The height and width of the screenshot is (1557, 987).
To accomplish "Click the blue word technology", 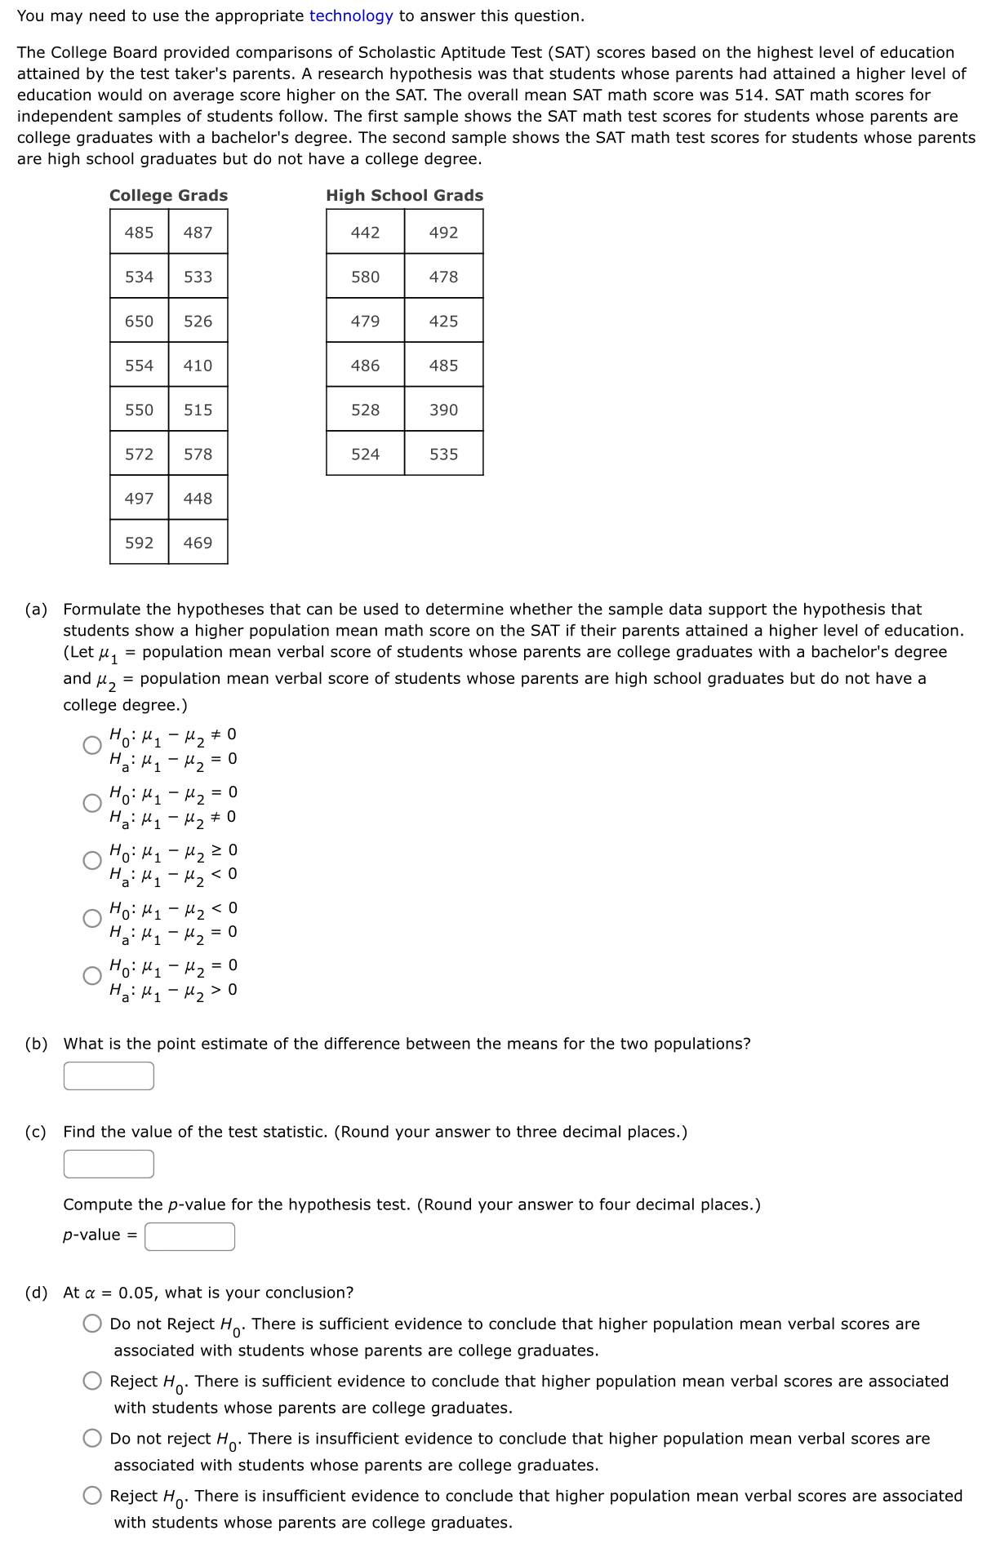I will click(x=351, y=16).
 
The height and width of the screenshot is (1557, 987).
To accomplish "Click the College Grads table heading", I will click(x=168, y=195).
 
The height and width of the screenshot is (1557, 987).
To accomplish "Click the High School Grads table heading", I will click(x=404, y=195).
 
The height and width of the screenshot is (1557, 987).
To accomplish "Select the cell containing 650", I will click(x=139, y=321).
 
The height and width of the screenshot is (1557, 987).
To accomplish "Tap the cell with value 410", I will click(x=198, y=366).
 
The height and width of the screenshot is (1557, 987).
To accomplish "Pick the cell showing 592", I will click(x=139, y=543).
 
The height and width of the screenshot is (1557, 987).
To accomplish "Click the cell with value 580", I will click(x=365, y=277).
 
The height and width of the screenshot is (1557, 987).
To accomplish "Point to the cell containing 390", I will click(x=443, y=410).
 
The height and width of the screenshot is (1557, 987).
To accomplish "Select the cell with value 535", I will click(x=443, y=454).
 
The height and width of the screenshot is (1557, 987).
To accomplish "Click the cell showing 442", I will click(x=365, y=233).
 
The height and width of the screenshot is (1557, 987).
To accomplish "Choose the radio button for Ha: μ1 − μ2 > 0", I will click(x=92, y=976).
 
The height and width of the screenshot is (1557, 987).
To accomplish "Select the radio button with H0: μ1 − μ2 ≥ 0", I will click(x=92, y=860).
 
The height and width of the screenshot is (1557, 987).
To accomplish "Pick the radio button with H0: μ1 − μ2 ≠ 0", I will click(x=92, y=745).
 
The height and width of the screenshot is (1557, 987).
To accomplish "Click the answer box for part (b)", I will click(x=109, y=1076).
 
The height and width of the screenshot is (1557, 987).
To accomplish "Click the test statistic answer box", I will click(x=109, y=1164).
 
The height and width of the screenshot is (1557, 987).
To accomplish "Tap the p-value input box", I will click(x=190, y=1236).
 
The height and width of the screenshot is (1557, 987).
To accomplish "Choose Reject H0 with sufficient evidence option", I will click(x=92, y=1381).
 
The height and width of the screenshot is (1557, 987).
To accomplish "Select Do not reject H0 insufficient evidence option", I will click(x=92, y=1438).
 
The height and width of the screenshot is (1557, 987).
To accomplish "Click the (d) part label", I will click(x=36, y=1293).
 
